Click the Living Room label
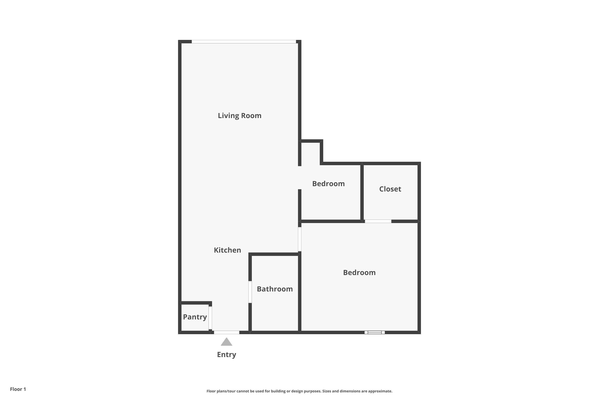pyautogui.click(x=239, y=116)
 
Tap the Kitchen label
pyautogui.click(x=227, y=250)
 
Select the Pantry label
pyautogui.click(x=195, y=317)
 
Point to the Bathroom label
pyautogui.click(x=275, y=289)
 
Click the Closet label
pyautogui.click(x=390, y=189)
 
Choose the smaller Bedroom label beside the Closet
pyautogui.click(x=328, y=184)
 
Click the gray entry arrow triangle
pyautogui.click(x=226, y=342)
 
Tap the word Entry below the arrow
pyautogui.click(x=226, y=355)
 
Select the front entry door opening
pyautogui.click(x=226, y=332)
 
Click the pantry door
pyautogui.click(x=210, y=318)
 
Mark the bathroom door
pyautogui.click(x=250, y=292)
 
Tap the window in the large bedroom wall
pyautogui.click(x=374, y=332)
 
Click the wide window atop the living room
pyautogui.click(x=244, y=42)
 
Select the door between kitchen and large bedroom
pyautogui.click(x=300, y=239)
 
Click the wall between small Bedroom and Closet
pyautogui.click(x=362, y=192)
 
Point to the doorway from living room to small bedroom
pyautogui.click(x=300, y=178)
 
